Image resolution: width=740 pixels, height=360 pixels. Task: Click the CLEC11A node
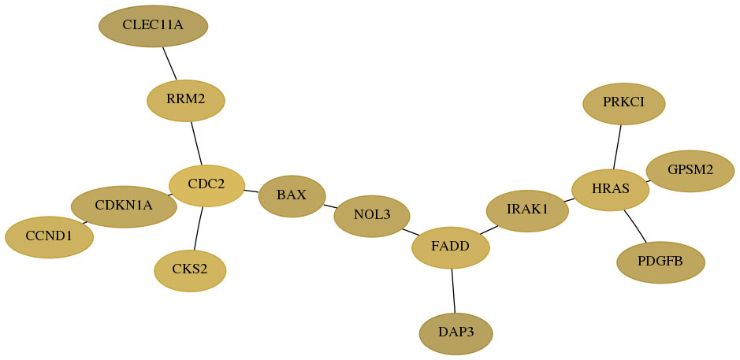154,26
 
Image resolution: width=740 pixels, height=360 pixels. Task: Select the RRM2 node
186,101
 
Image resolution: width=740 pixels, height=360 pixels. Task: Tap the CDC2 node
206,185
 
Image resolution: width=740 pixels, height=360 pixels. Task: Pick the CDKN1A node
124,206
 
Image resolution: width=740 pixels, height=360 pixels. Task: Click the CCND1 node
50,237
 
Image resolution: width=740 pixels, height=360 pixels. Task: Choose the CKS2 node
190,271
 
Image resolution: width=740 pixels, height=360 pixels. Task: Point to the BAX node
292,196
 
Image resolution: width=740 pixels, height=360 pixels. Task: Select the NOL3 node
372,216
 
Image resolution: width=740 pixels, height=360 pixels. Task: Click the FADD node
451,247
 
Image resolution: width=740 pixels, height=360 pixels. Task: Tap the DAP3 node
456,333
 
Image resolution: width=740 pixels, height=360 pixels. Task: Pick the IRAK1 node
528,211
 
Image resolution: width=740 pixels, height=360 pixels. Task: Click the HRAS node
610,190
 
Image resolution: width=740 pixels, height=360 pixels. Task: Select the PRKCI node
624,104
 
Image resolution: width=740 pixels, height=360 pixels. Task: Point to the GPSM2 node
690,171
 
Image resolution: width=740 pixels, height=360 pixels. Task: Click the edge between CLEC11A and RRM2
170,64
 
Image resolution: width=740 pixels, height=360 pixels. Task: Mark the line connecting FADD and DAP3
453,291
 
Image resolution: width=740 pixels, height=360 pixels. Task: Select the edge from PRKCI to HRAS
617,147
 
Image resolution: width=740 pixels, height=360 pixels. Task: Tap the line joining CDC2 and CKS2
199,228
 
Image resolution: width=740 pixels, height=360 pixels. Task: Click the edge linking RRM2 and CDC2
196,143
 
